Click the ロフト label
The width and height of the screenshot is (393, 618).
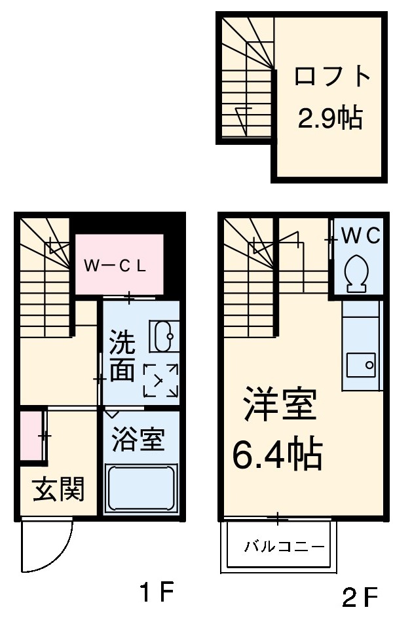click(x=332, y=77)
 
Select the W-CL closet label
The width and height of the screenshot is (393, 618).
click(x=119, y=266)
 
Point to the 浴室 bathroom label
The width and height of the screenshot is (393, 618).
click(x=137, y=439)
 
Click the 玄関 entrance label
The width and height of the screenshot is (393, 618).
click(x=59, y=489)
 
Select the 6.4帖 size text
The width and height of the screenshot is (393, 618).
click(x=278, y=454)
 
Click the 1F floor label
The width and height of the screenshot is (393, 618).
click(x=157, y=593)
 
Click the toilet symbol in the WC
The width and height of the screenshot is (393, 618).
click(x=357, y=272)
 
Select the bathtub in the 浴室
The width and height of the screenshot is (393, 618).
click(x=141, y=489)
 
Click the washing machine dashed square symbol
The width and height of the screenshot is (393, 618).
click(x=161, y=381)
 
